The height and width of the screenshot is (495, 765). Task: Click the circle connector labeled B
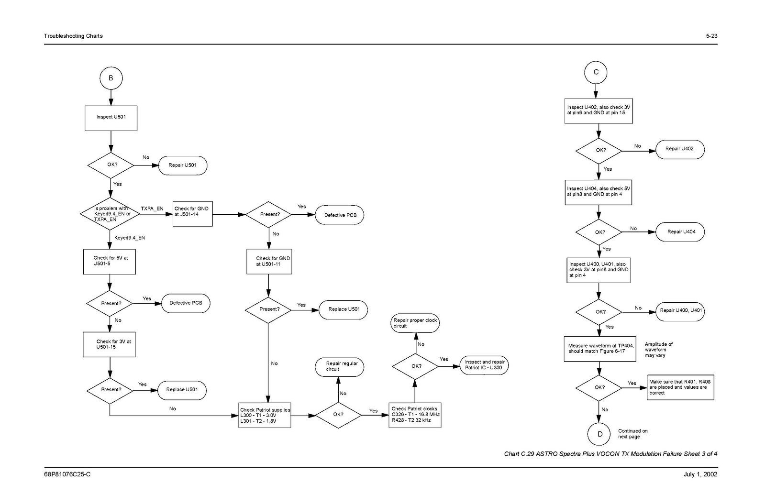coord(111,78)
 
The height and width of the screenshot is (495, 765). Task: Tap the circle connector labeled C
coord(596,72)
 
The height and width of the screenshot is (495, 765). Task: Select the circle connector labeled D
coord(600,434)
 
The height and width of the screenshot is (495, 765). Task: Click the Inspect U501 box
coord(111,118)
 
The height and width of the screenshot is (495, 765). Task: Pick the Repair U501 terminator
coord(182,165)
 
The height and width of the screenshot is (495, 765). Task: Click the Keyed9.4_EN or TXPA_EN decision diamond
coord(110,214)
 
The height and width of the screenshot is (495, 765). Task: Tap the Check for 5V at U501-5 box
coord(110,262)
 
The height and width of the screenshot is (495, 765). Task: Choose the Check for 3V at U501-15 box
coord(110,344)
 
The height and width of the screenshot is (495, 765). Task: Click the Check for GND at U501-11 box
coord(269,261)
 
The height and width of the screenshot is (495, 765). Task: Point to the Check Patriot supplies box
coord(265,415)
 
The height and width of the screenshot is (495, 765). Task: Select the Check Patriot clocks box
coord(415,415)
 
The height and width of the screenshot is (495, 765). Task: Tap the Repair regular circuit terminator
coord(339,367)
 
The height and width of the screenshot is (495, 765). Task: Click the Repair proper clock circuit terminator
coord(415,323)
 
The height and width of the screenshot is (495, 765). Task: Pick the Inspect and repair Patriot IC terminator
coord(484,365)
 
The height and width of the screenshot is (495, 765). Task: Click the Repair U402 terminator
coord(679,149)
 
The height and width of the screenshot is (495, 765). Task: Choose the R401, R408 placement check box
coord(680,387)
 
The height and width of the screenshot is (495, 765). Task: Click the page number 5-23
coord(711,36)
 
